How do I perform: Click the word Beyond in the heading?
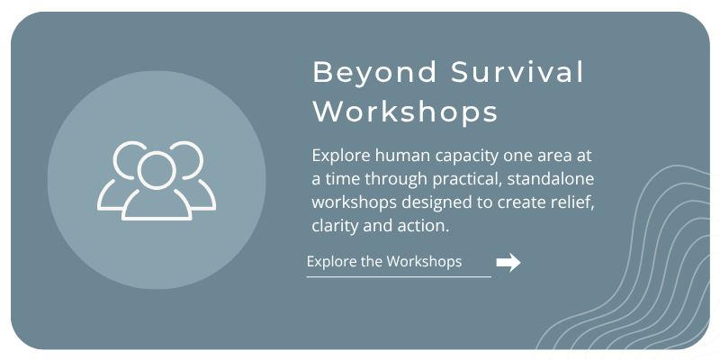[x=374, y=73]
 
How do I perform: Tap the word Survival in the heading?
[x=517, y=72]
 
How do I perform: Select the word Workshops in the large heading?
[x=406, y=112]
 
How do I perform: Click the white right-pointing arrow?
[x=508, y=263]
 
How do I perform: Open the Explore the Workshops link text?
[x=384, y=261]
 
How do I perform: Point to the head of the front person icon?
[x=157, y=170]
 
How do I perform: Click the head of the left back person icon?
[x=128, y=159]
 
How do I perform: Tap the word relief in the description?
[x=575, y=202]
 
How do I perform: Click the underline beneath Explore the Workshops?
[x=399, y=277]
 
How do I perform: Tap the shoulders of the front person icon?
[x=157, y=205]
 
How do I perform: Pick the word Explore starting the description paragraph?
[x=341, y=157]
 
